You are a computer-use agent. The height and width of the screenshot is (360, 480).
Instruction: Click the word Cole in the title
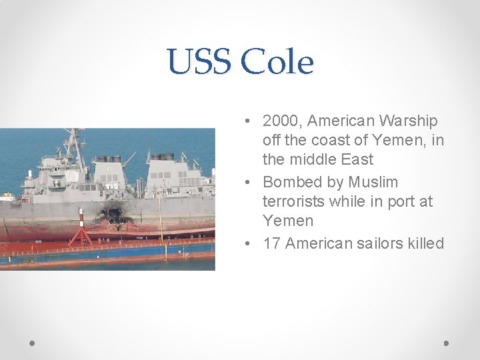click(x=277, y=63)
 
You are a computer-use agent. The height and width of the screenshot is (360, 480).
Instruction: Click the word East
click(x=357, y=160)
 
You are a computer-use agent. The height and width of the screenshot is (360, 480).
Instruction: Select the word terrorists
click(x=295, y=201)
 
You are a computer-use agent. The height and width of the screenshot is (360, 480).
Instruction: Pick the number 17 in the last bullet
click(x=272, y=243)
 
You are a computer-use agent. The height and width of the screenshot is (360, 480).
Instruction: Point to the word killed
click(x=425, y=243)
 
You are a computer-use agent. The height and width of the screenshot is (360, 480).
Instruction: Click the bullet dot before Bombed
click(x=247, y=182)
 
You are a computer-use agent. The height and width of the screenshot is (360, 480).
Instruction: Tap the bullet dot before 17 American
click(x=247, y=243)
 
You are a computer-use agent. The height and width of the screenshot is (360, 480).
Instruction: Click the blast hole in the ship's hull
click(x=113, y=216)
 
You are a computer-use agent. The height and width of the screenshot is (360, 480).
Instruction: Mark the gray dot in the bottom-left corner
click(x=33, y=343)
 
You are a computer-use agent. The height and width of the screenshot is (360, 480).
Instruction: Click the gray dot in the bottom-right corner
click(x=446, y=343)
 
